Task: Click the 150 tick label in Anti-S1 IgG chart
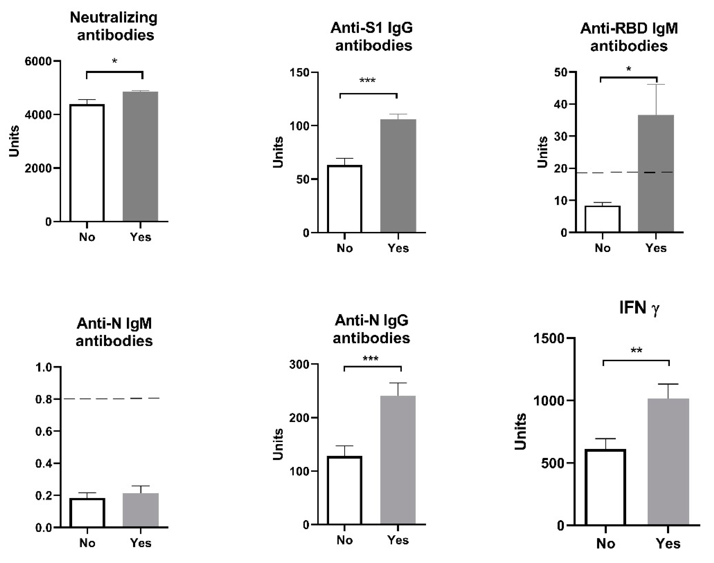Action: coord(299,72)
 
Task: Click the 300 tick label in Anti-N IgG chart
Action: coord(299,364)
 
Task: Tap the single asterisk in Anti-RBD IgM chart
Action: coord(628,69)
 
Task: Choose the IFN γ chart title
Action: coord(639,308)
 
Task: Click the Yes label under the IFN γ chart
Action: coord(668,543)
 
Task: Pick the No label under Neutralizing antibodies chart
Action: coord(87,237)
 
